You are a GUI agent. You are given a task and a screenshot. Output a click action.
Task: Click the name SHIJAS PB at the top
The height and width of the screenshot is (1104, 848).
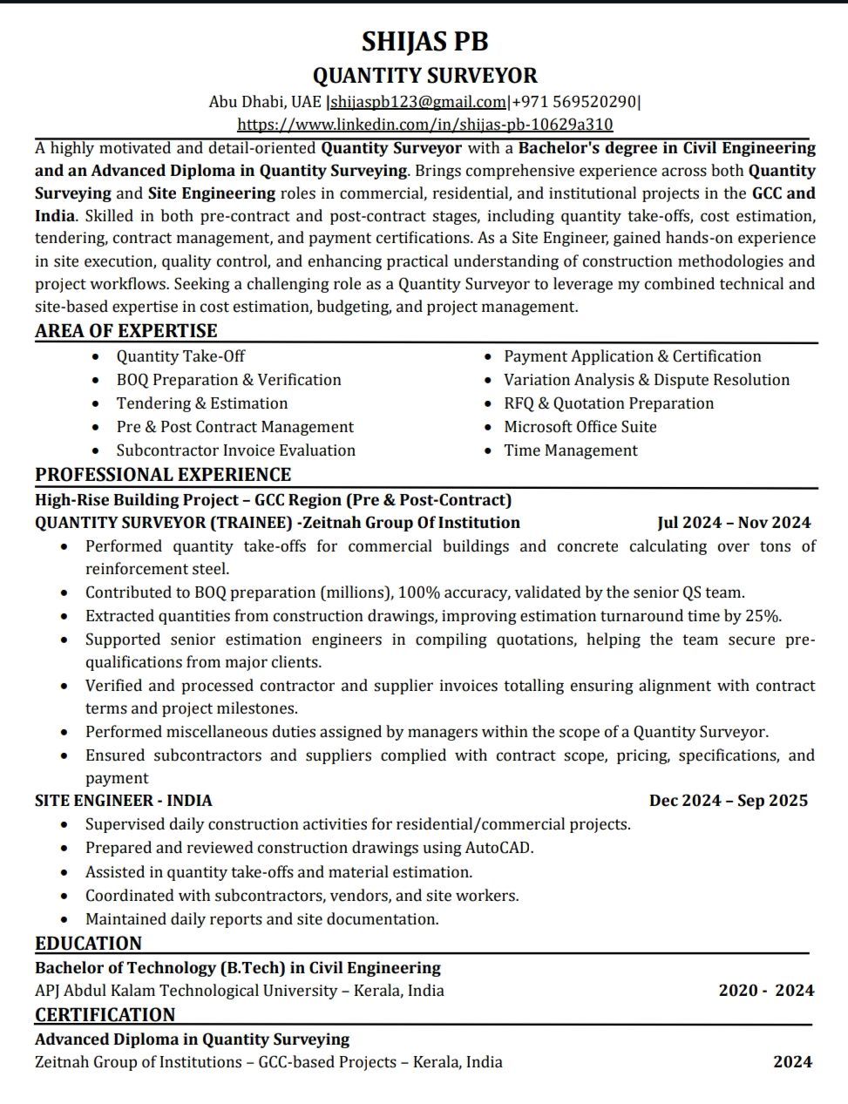point(424,41)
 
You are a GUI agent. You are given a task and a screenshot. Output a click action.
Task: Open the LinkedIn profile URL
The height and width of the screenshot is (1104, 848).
point(424,125)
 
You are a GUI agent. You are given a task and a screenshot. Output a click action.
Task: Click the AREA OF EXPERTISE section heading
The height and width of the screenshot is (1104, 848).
point(126,331)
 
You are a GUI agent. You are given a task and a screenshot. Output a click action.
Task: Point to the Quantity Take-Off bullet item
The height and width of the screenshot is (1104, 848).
point(180,356)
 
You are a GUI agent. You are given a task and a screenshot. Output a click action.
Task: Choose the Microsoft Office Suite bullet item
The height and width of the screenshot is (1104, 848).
point(580,427)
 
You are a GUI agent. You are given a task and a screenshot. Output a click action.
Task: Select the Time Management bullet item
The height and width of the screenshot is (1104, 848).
point(571,450)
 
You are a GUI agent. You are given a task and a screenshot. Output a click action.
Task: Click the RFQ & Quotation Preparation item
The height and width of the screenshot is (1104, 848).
point(608,403)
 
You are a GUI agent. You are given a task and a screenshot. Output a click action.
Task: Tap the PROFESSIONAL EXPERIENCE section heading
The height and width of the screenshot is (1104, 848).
point(163,475)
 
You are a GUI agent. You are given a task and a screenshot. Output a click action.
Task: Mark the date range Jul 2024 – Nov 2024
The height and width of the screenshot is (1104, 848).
point(734,523)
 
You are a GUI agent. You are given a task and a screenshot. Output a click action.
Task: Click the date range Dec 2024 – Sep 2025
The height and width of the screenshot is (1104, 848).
point(729,801)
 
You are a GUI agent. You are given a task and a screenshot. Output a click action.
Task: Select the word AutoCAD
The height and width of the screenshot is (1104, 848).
point(499,848)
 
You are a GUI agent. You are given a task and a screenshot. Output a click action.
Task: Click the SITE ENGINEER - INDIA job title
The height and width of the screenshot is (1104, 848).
point(124,801)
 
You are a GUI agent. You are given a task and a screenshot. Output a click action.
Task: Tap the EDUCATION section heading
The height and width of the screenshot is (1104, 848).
point(88,944)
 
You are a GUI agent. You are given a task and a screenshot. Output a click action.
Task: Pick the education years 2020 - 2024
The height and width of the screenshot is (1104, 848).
point(766,991)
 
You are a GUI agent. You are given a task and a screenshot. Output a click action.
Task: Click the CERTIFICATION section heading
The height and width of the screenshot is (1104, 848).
point(105,1015)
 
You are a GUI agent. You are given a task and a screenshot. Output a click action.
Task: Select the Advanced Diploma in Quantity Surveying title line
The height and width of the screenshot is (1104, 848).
point(192,1040)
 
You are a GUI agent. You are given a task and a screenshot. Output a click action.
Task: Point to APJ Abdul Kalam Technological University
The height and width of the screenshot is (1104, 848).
point(186,991)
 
